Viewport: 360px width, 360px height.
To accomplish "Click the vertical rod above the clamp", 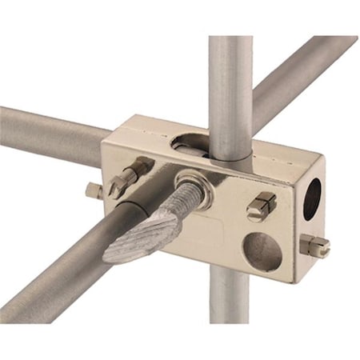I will pyautogui.click(x=230, y=80).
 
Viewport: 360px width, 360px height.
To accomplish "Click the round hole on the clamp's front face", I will pyautogui.click(x=262, y=250).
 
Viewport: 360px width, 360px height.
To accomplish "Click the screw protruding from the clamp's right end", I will pyautogui.click(x=314, y=246).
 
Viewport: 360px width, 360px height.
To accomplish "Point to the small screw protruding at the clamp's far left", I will pyautogui.click(x=94, y=190).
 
